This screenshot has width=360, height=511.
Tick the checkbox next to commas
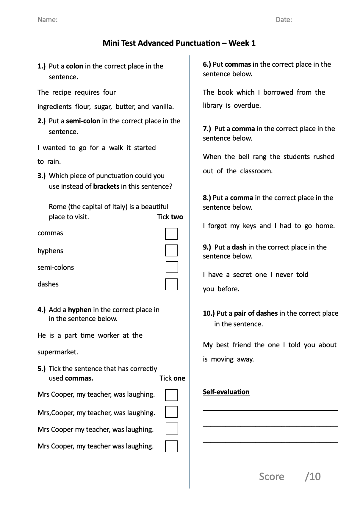171,234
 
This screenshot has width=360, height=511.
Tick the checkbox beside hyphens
171,250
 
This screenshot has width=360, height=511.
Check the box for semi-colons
172,267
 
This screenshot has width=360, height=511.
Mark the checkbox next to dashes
171,284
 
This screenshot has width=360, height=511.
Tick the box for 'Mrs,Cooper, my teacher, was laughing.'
171,412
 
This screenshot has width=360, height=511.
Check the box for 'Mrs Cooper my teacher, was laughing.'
172,429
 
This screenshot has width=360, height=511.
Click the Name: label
48,20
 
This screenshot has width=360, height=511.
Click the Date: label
284,20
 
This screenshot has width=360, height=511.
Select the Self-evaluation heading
226,392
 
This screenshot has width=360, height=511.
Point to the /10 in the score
313,476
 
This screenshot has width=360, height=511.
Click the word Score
271,476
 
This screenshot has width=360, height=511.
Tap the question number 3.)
42,176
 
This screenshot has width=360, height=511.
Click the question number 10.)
209,313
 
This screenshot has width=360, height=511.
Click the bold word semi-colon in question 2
83,121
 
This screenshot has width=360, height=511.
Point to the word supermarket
57,352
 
